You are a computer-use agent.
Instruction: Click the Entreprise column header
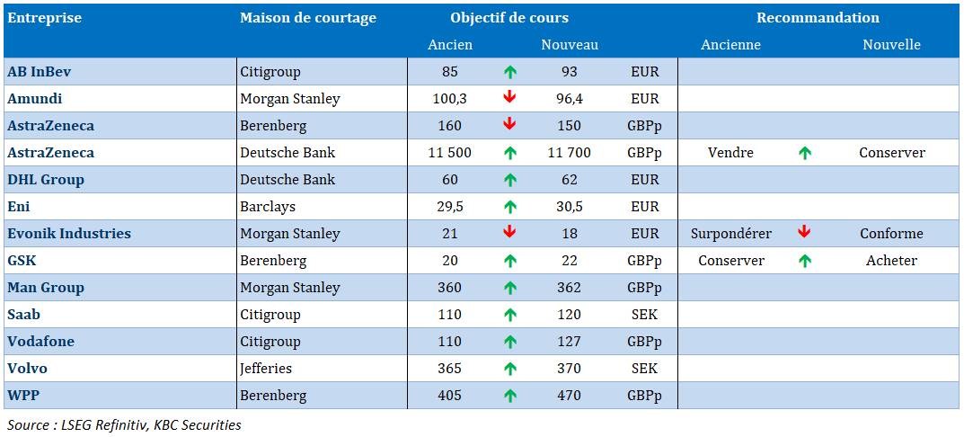(44, 18)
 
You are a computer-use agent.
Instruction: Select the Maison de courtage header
(308, 18)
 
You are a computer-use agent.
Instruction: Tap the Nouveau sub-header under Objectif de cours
(570, 45)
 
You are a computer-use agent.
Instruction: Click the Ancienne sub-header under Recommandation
(731, 45)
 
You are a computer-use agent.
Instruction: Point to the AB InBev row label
(40, 71)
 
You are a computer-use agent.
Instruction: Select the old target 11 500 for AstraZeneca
(450, 153)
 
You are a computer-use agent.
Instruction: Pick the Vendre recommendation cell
(730, 153)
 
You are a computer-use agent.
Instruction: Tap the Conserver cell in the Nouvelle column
(892, 153)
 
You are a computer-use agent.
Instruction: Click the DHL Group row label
(46, 180)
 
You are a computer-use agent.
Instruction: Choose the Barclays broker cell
(268, 207)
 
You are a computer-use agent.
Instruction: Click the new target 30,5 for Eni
(570, 207)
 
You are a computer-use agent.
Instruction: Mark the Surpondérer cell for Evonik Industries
(731, 234)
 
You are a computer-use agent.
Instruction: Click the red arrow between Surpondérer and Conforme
(804, 233)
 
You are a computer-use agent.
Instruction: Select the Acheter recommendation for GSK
(891, 261)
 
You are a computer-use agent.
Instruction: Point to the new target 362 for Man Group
(570, 288)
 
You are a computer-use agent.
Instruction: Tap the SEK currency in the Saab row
(644, 315)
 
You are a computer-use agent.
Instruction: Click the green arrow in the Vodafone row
(509, 343)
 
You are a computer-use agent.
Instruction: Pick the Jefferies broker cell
(266, 369)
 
